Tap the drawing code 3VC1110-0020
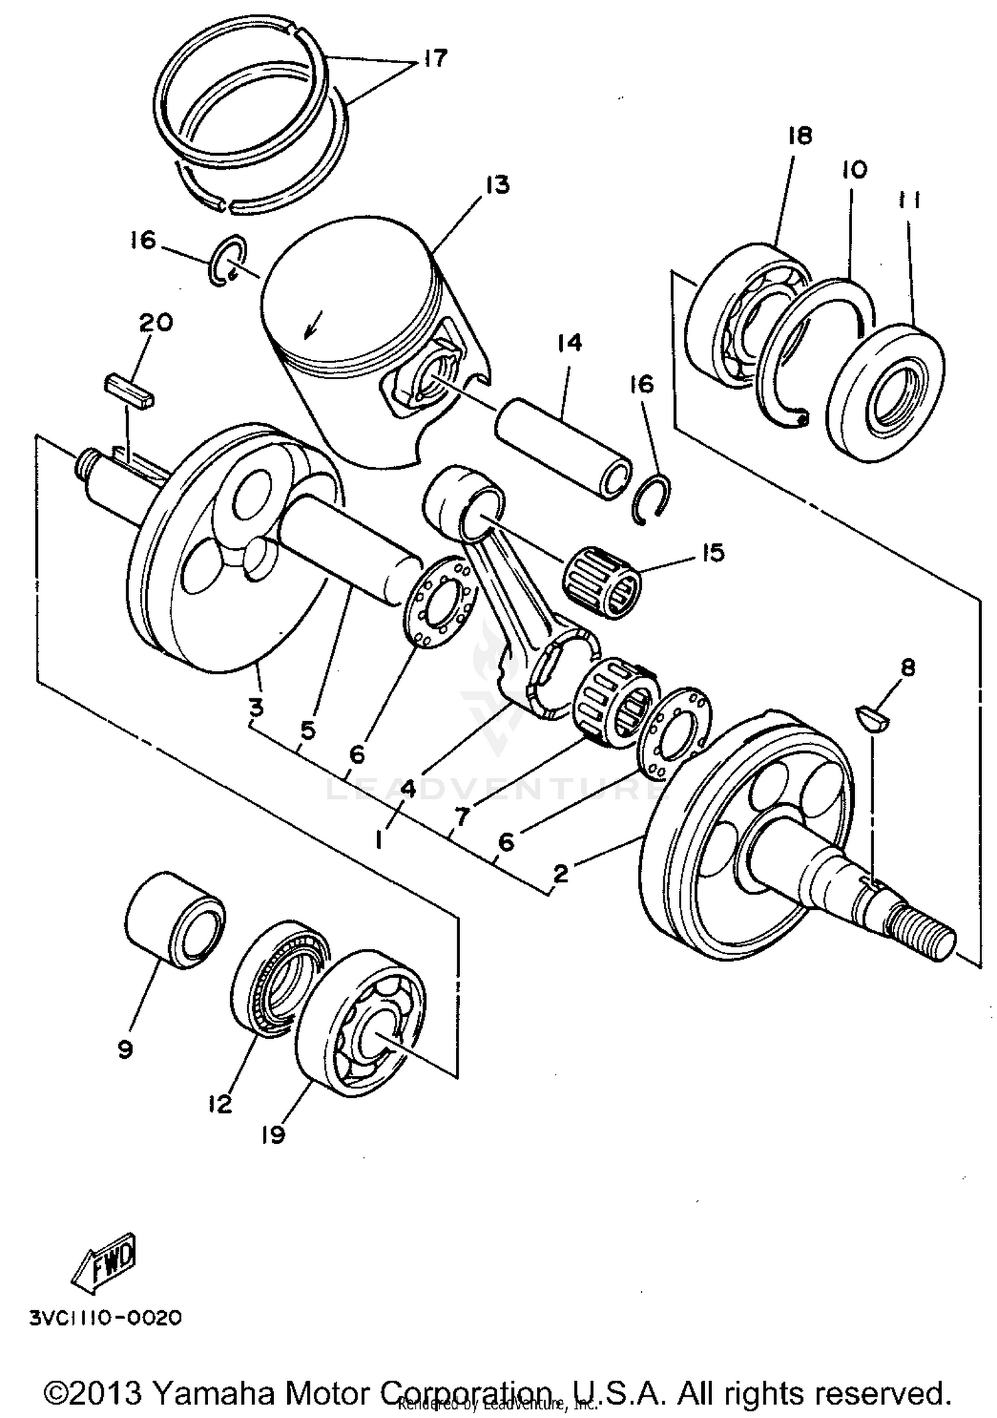(105, 1318)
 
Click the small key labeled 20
(129, 392)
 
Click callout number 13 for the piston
(497, 184)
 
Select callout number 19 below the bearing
(273, 1133)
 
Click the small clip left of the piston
(228, 261)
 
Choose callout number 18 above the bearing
(800, 136)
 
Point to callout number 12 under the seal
(219, 1103)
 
